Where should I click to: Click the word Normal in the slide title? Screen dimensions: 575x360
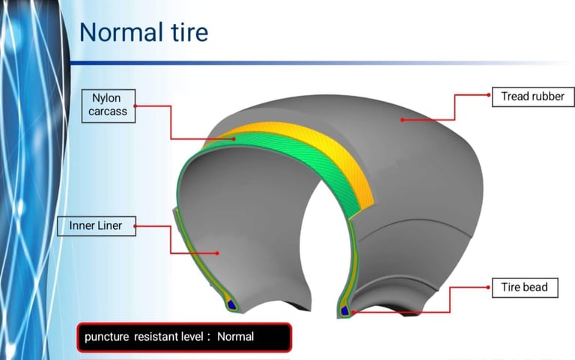click(x=121, y=32)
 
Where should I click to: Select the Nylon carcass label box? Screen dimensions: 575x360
click(x=109, y=106)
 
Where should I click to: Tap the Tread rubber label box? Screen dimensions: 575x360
click(x=533, y=97)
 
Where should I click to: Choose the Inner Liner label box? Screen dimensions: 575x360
click(x=97, y=226)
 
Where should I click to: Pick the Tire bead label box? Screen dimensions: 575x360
click(x=525, y=288)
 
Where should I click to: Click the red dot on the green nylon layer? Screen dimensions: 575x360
click(x=234, y=139)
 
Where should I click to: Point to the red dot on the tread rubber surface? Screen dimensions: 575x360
click(x=402, y=120)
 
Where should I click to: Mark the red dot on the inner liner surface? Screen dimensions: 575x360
click(x=217, y=253)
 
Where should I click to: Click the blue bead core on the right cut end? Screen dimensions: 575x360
click(x=344, y=311)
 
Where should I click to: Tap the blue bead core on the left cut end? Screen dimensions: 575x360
click(x=231, y=305)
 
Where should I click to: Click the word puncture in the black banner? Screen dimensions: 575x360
click(x=107, y=337)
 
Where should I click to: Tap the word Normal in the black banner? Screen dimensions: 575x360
click(x=235, y=337)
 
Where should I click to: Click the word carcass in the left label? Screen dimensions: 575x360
click(x=108, y=112)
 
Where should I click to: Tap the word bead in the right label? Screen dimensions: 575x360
click(x=535, y=287)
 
